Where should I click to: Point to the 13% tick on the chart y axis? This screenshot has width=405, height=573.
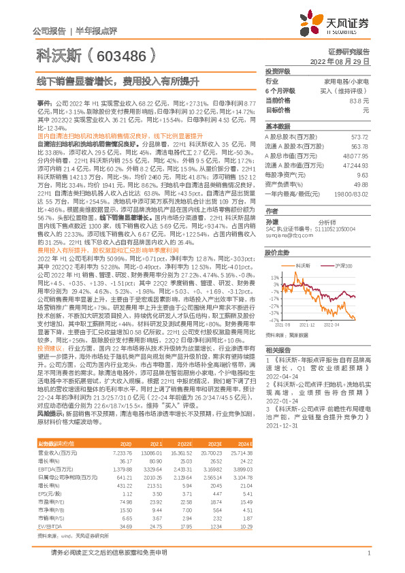coord(275,278)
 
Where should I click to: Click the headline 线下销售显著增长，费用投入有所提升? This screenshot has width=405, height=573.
coord(118,81)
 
